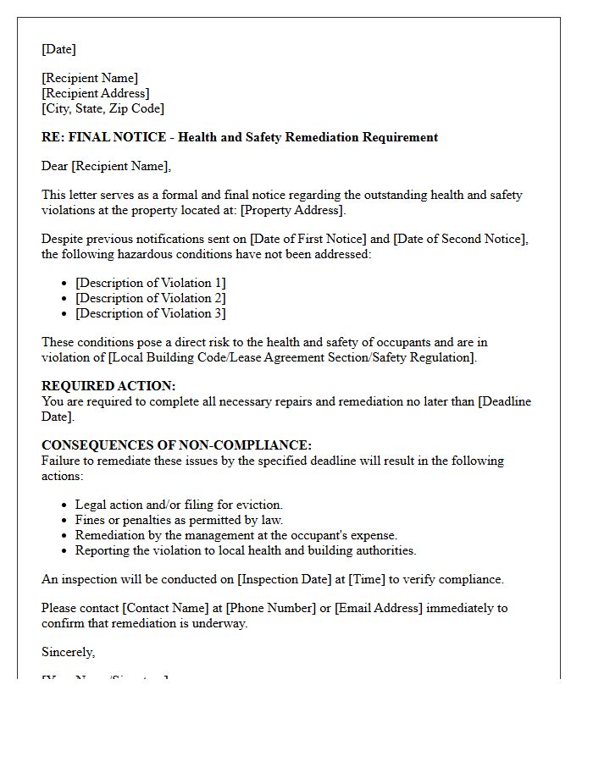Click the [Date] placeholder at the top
(58, 49)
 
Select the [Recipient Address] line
(96, 93)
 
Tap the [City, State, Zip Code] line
(103, 108)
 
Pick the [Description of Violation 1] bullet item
(150, 283)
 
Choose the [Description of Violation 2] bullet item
(150, 298)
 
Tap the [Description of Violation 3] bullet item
(150, 313)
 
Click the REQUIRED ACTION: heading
(108, 386)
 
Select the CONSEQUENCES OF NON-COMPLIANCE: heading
(176, 445)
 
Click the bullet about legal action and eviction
(179, 505)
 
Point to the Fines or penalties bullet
(179, 520)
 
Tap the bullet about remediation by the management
(236, 535)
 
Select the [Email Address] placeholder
(379, 608)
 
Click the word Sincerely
(68, 652)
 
